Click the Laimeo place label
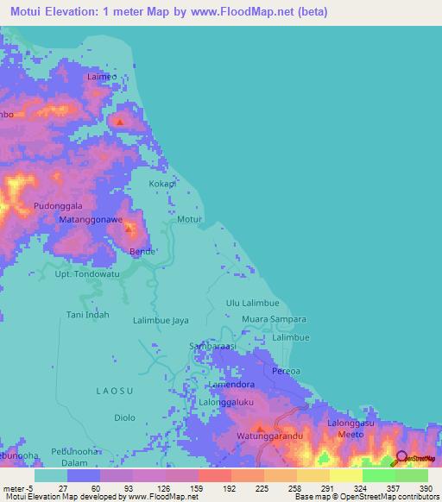(102, 77)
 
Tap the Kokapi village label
(161, 185)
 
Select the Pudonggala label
(58, 206)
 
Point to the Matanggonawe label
(90, 221)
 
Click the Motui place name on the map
(189, 219)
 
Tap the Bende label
(142, 251)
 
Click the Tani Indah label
(88, 315)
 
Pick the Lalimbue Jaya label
(161, 320)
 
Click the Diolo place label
(124, 417)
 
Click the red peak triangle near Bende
(129, 229)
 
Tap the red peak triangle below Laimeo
(119, 122)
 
